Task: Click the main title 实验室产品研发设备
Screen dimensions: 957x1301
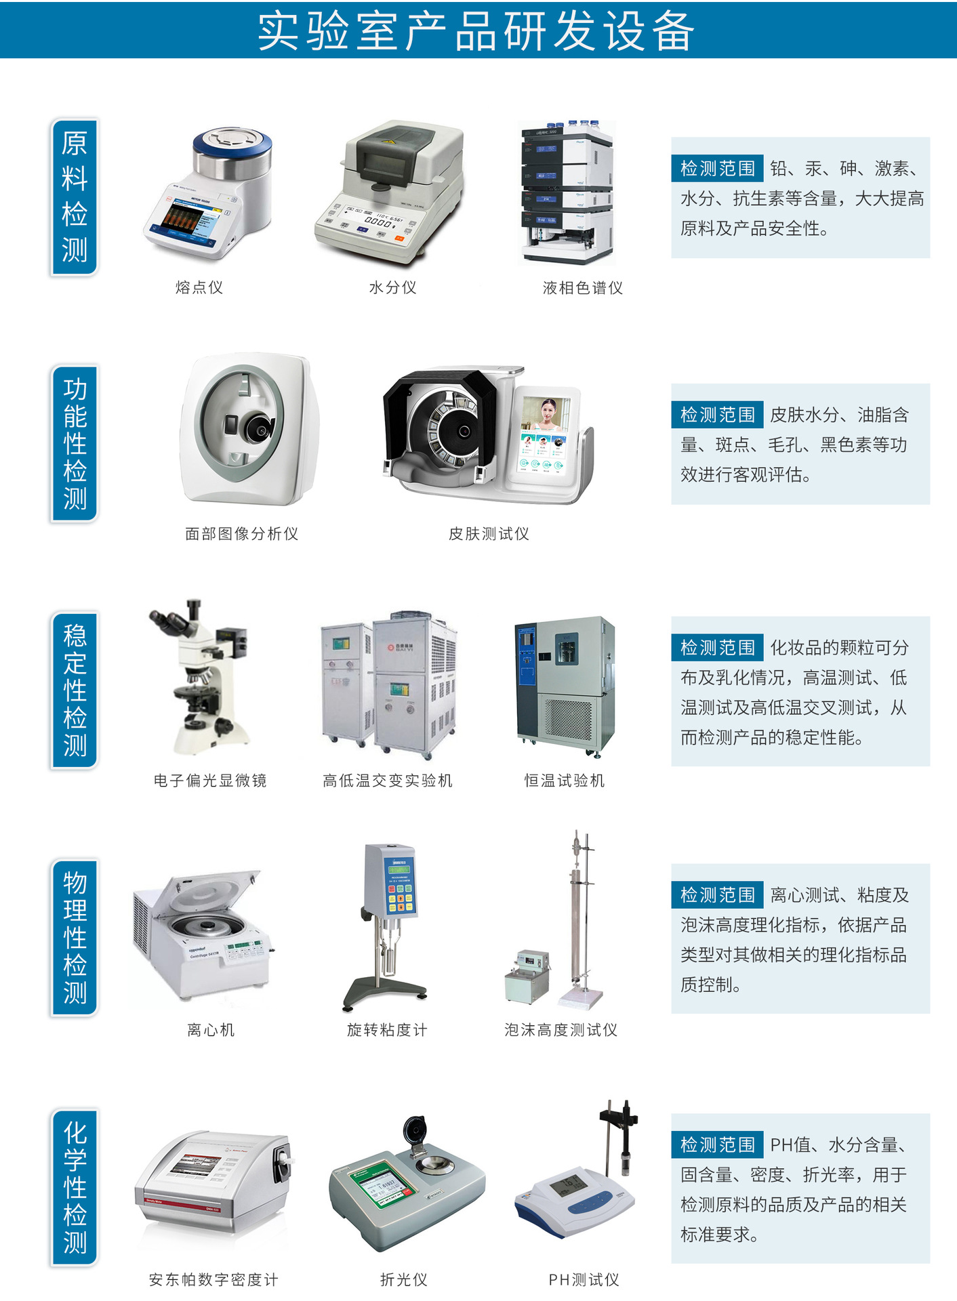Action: coord(476,31)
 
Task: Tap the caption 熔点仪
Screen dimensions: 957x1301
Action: coord(199,287)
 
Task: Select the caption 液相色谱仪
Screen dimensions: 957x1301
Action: coord(583,288)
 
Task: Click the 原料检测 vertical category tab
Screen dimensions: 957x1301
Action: coord(75,197)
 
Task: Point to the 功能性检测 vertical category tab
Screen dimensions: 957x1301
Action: coord(75,443)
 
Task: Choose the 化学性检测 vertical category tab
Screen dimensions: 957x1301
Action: coord(75,1187)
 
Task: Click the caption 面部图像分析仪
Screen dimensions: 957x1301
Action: coord(242,534)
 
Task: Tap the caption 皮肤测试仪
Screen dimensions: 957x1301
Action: coord(489,534)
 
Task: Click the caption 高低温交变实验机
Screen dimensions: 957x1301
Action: coord(388,781)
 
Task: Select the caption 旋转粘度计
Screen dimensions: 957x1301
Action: coord(387,1030)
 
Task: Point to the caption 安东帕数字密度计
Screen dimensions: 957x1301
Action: coord(213,1279)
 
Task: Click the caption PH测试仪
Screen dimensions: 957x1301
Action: coord(584,1279)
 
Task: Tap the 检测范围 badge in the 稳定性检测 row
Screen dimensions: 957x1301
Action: coord(718,648)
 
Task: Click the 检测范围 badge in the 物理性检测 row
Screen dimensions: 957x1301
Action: coord(718,895)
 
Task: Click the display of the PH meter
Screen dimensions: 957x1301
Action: coord(568,1185)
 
